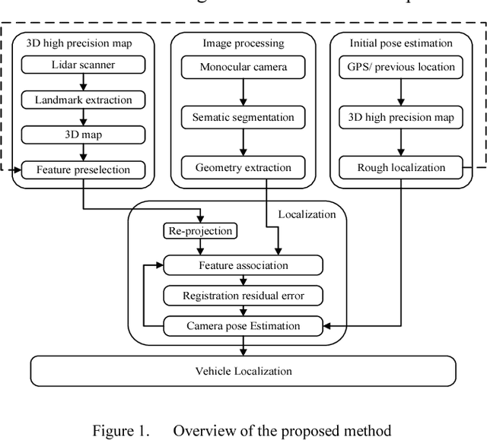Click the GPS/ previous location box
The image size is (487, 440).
406,67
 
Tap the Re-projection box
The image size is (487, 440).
199,230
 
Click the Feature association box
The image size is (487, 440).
243,265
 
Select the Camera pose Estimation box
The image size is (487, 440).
243,326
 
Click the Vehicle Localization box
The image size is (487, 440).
243,372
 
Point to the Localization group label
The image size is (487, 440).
307,214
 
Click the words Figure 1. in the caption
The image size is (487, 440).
123,432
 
